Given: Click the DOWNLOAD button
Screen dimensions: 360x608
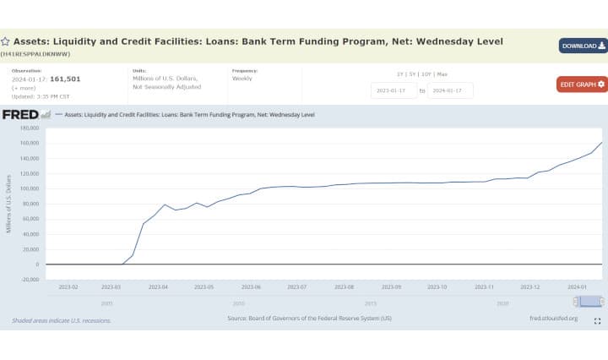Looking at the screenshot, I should [x=583, y=46].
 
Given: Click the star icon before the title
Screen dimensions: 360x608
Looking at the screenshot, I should [x=5, y=41].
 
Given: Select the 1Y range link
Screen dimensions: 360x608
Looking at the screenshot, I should [x=400, y=74].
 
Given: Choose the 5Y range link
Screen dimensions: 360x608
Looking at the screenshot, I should [x=414, y=74].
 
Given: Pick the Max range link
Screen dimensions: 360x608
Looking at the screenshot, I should [x=442, y=74].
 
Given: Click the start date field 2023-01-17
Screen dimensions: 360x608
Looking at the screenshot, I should [x=394, y=90].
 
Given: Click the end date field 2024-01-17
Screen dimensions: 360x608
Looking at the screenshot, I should [x=450, y=90].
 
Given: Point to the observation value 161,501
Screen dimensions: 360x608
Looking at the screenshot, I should [x=65, y=79].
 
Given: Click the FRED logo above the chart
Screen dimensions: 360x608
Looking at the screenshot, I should [x=21, y=114].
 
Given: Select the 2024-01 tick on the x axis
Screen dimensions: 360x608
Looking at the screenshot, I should [x=577, y=287].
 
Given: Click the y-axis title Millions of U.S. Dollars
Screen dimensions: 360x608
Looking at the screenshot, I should [x=8, y=203].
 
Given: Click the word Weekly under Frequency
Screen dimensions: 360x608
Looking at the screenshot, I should [x=242, y=79].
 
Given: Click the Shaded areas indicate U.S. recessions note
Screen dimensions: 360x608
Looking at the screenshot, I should [x=61, y=319].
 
